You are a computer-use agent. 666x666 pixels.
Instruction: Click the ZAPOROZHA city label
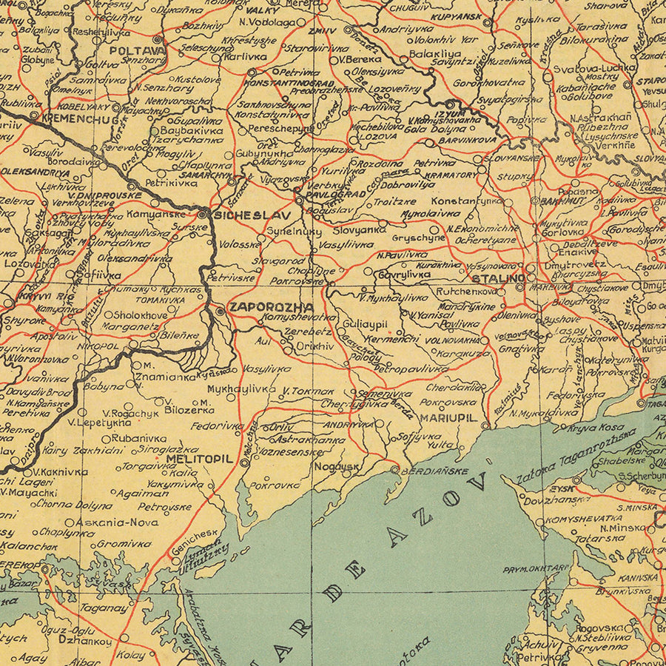[x=260, y=306]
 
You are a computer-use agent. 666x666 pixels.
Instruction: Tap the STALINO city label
[x=498, y=278]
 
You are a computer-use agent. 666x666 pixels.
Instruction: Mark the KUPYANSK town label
[x=457, y=16]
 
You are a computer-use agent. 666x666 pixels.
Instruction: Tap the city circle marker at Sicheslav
[x=203, y=215]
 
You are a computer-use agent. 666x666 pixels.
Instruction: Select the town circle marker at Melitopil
[x=245, y=462]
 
